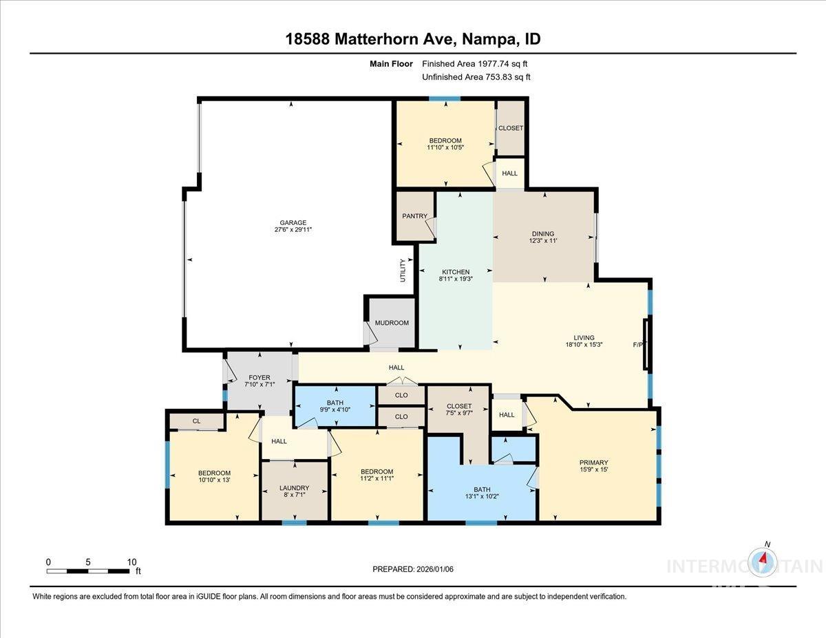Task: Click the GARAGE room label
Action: pyautogui.click(x=293, y=222)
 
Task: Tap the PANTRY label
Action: pyautogui.click(x=414, y=216)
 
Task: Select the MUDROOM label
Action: pyautogui.click(x=392, y=323)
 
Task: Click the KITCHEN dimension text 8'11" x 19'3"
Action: pyautogui.click(x=456, y=280)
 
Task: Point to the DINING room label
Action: pyautogui.click(x=542, y=234)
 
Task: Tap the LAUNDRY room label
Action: pyautogui.click(x=294, y=488)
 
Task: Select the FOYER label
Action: pyautogui.click(x=259, y=378)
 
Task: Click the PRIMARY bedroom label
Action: pyautogui.click(x=593, y=462)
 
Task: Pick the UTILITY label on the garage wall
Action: pyautogui.click(x=403, y=270)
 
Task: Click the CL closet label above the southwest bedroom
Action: pyautogui.click(x=196, y=421)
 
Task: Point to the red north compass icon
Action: pyautogui.click(x=763, y=562)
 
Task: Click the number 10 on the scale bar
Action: pyautogui.click(x=131, y=562)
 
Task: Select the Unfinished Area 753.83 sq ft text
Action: pyautogui.click(x=476, y=77)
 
